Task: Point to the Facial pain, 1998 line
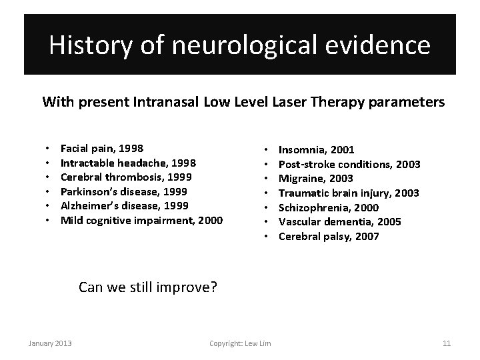tap(102, 148)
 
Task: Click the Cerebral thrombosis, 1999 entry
tap(126, 177)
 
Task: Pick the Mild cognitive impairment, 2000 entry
tap(141, 221)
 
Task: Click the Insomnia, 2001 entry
tap(317, 149)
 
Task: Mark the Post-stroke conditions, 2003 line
tap(349, 164)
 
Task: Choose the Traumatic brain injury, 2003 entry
tap(349, 193)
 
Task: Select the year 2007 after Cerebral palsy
tap(367, 237)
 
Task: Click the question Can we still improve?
tap(148, 287)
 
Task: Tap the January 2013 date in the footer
tap(50, 343)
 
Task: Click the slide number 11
tap(447, 343)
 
